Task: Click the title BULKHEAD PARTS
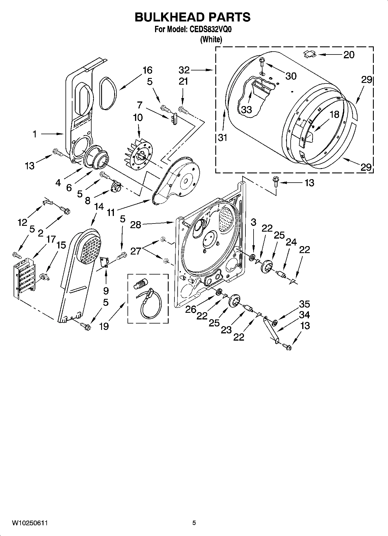(x=193, y=17)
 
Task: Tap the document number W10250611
(x=30, y=523)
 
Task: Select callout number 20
(x=349, y=55)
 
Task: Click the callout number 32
(x=184, y=70)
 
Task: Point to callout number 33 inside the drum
(x=246, y=110)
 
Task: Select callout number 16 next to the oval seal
(x=147, y=70)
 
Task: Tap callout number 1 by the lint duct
(x=34, y=134)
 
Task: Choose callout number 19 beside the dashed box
(x=104, y=326)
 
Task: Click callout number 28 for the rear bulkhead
(x=136, y=224)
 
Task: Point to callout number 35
(x=304, y=304)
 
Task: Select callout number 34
(x=304, y=315)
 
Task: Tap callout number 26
(x=191, y=309)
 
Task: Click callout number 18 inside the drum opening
(x=334, y=114)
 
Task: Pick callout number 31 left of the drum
(x=223, y=137)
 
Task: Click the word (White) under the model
(x=211, y=39)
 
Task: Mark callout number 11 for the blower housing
(x=111, y=213)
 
